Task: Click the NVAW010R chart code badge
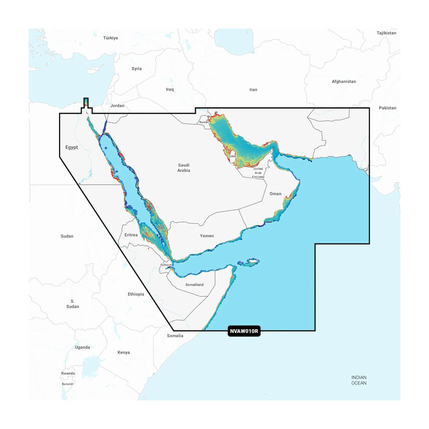244,331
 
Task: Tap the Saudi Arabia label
184,168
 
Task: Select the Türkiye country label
110,38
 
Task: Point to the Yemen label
207,236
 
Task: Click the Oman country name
275,194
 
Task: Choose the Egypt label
72,147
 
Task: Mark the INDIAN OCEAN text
359,380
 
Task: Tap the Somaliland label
195,285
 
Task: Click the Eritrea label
131,235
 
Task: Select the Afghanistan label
344,82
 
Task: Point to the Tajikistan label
386,33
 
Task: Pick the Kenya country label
124,353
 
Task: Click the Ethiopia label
136,294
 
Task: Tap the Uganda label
82,347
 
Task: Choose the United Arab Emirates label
258,173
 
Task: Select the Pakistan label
387,108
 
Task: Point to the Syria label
136,69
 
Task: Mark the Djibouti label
166,265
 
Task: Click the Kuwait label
204,122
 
